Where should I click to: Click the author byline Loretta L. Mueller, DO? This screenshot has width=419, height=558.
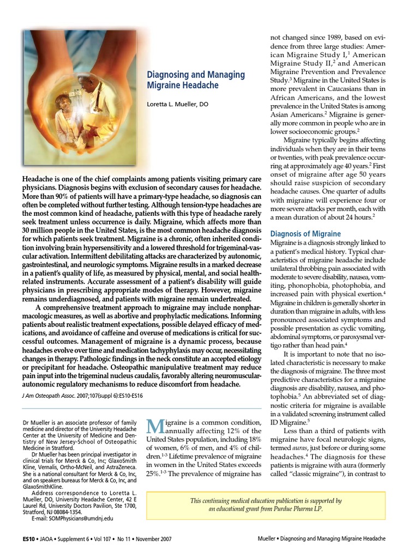[178, 104]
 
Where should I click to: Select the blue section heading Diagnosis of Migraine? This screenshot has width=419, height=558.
[306, 234]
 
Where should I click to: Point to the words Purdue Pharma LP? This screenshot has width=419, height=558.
[304, 509]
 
